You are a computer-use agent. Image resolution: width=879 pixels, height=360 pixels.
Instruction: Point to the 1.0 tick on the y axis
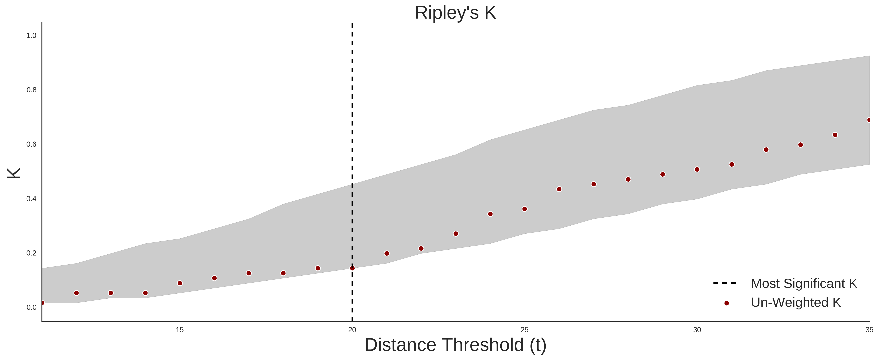pyautogui.click(x=31, y=35)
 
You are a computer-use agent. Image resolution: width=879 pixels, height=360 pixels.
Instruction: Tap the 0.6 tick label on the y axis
pyautogui.click(x=31, y=144)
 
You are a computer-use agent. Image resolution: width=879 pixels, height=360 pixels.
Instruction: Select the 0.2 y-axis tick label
pyautogui.click(x=31, y=253)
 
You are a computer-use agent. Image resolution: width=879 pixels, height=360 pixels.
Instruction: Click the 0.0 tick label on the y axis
pyautogui.click(x=31, y=307)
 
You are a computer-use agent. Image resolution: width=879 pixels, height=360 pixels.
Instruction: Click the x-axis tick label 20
pyautogui.click(x=352, y=330)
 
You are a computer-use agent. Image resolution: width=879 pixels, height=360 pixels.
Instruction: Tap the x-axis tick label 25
pyautogui.click(x=524, y=330)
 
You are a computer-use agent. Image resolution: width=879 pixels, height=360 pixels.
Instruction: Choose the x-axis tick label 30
pyautogui.click(x=697, y=330)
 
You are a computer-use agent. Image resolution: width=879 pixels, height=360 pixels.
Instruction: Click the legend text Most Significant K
pyautogui.click(x=804, y=284)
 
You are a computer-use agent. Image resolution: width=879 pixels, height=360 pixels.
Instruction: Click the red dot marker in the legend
pyautogui.click(x=726, y=303)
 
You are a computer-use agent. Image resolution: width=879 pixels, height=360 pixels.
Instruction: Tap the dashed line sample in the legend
pyautogui.click(x=725, y=283)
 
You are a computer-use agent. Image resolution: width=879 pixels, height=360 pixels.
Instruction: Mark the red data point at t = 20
pyautogui.click(x=352, y=268)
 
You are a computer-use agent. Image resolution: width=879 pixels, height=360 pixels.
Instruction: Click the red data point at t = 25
pyautogui.click(x=524, y=209)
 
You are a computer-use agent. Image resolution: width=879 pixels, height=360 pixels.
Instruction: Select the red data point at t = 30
pyautogui.click(x=697, y=169)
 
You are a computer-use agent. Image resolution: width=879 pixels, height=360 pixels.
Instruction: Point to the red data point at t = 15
pyautogui.click(x=180, y=283)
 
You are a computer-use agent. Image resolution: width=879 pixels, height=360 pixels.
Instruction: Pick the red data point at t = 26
pyautogui.click(x=559, y=189)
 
